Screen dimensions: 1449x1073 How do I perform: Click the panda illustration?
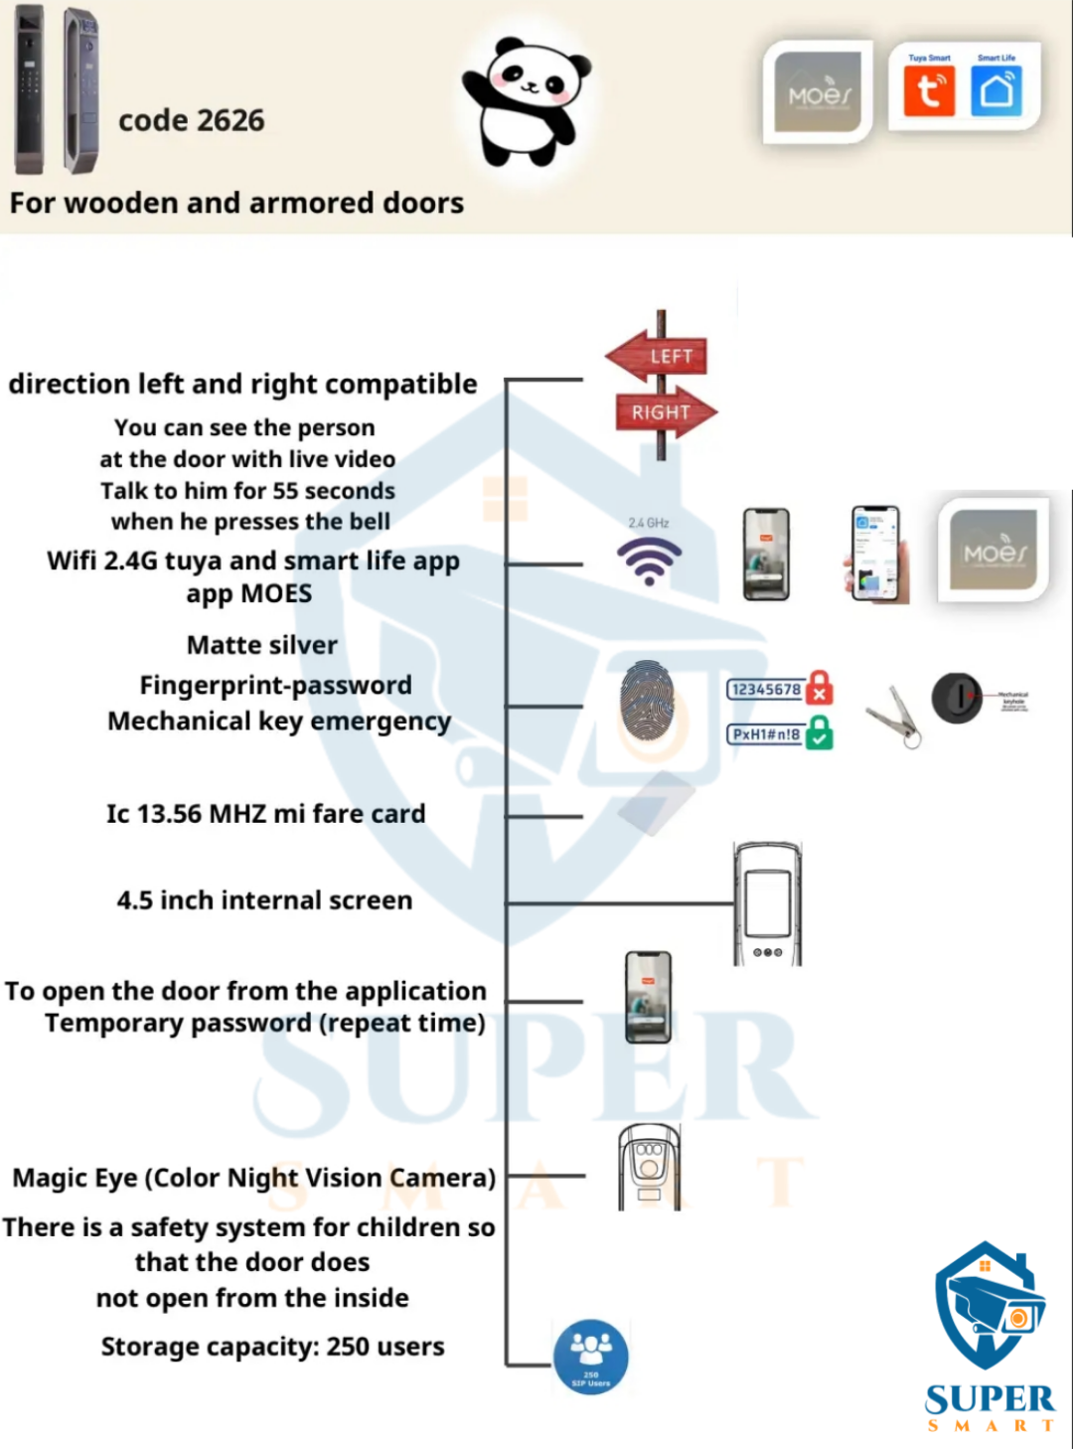527,101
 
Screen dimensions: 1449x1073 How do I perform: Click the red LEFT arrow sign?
658,356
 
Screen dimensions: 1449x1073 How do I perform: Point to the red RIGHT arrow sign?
665,411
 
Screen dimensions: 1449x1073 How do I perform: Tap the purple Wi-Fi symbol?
649,561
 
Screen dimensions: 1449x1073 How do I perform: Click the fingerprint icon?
647,701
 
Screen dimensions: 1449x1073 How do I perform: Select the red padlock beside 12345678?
819,687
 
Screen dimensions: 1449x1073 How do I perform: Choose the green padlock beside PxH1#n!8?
819,733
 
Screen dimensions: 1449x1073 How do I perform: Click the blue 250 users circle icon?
591,1357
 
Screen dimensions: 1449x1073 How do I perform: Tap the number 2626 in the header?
230,120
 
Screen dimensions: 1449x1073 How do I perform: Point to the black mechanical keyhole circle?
957,697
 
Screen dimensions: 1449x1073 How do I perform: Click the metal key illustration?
893,715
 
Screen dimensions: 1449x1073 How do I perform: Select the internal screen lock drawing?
767,903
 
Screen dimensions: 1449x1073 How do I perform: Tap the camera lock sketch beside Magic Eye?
649,1167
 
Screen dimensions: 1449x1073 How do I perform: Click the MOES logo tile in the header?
818,92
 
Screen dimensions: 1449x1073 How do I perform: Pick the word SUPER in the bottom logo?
990,1399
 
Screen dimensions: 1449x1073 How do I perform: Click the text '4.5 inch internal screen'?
264,900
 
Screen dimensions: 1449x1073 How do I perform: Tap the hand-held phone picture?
877,555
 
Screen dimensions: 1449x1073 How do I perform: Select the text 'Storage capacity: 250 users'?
272,1347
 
